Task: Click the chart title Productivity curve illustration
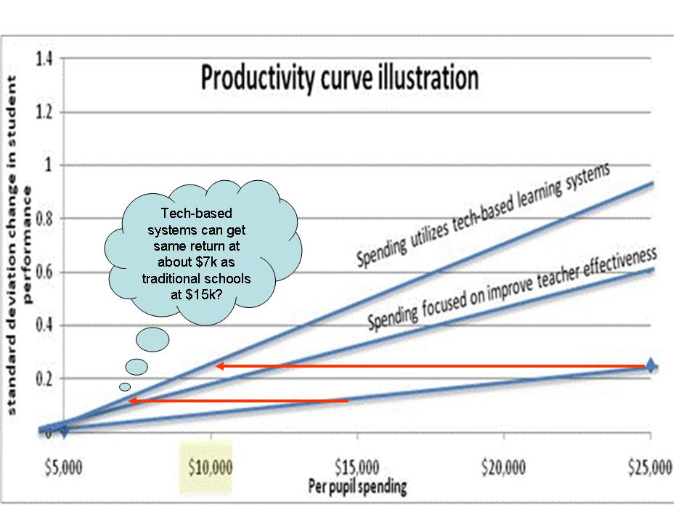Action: [x=340, y=78]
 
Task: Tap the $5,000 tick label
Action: [x=63, y=466]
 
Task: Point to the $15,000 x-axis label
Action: [x=357, y=466]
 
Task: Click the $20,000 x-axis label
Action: [x=505, y=466]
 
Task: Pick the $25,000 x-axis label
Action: [x=651, y=466]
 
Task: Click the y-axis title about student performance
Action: [x=19, y=247]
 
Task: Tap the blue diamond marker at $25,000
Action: [x=651, y=365]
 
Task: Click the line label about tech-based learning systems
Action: [x=483, y=215]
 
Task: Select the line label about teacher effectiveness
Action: [x=512, y=288]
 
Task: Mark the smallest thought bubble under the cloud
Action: [x=125, y=386]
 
